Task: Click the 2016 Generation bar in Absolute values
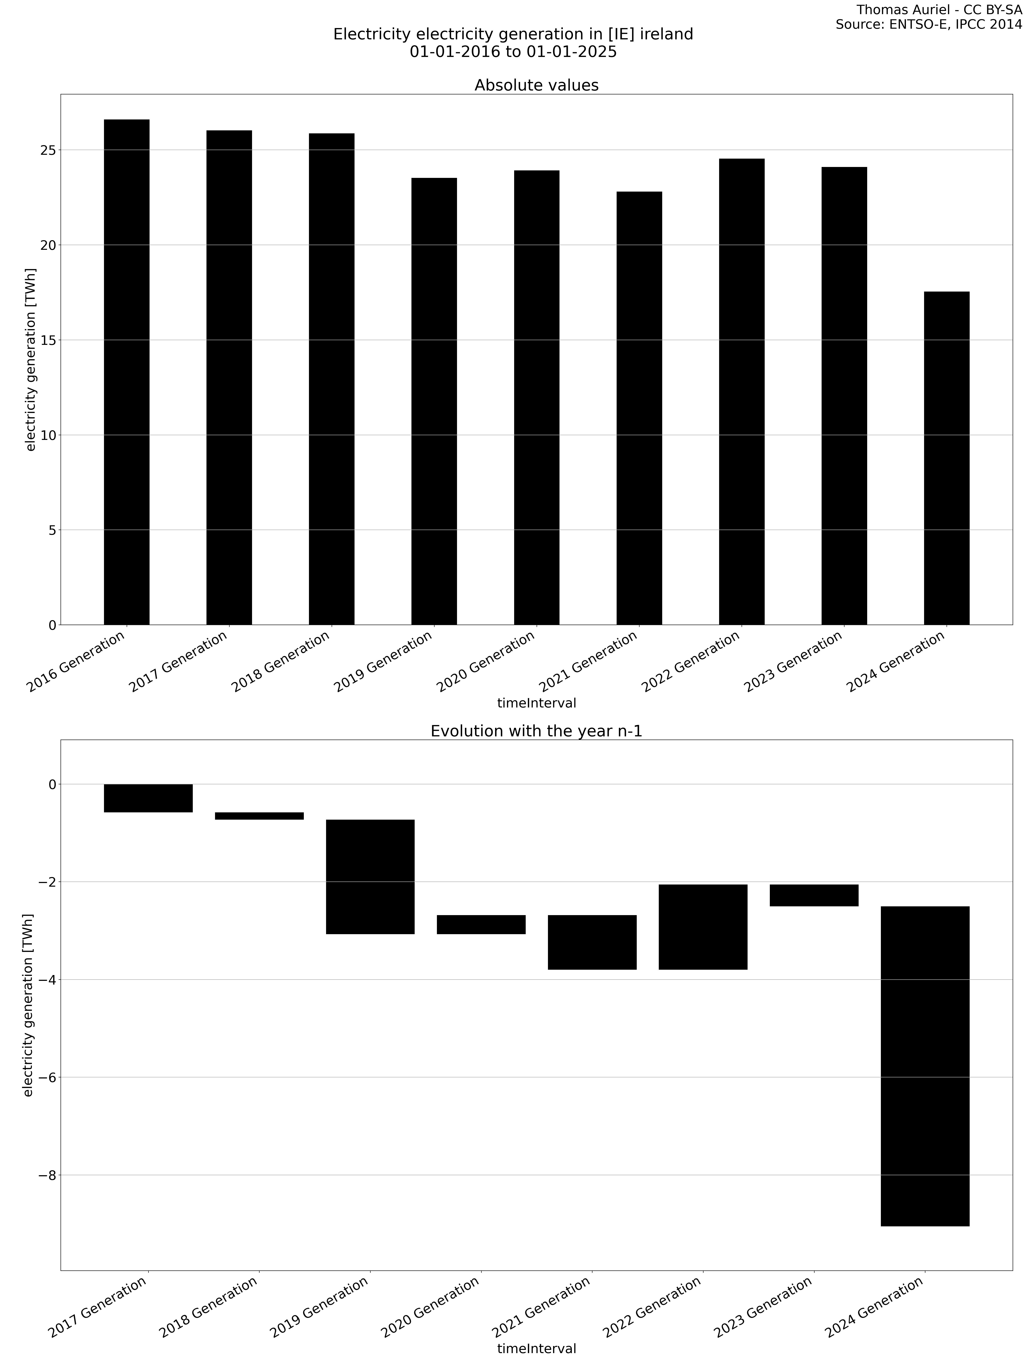[x=126, y=372]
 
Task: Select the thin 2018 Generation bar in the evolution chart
[x=259, y=816]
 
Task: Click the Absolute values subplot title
[x=536, y=85]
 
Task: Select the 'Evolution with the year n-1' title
[x=536, y=731]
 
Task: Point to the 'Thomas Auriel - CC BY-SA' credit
[x=938, y=10]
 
